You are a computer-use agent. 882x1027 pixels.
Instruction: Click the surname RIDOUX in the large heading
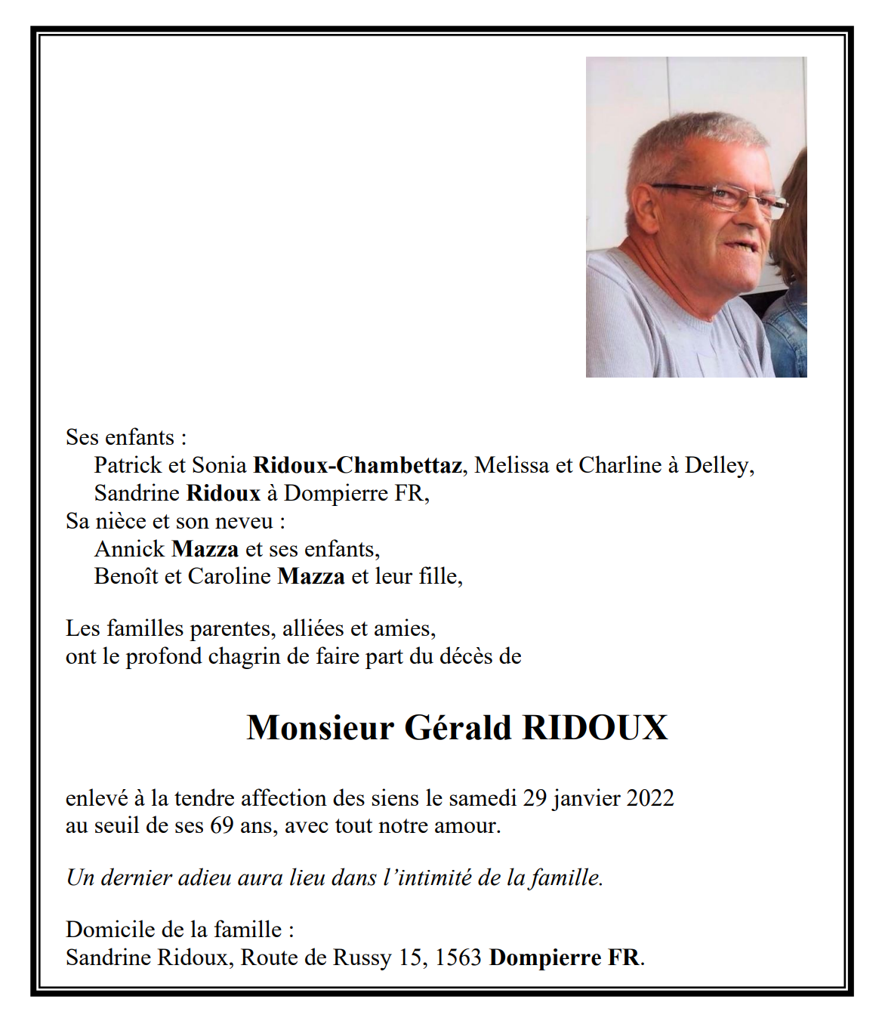(x=594, y=728)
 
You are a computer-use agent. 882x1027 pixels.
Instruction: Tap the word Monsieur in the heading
(x=320, y=728)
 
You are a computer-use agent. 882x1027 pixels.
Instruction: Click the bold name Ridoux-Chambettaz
(x=357, y=465)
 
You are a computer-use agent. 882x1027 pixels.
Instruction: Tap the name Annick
(x=129, y=549)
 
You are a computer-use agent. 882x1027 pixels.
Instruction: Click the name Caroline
(x=229, y=576)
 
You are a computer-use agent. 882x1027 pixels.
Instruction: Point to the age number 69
(x=221, y=825)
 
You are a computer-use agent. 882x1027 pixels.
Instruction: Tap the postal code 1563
(x=458, y=958)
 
